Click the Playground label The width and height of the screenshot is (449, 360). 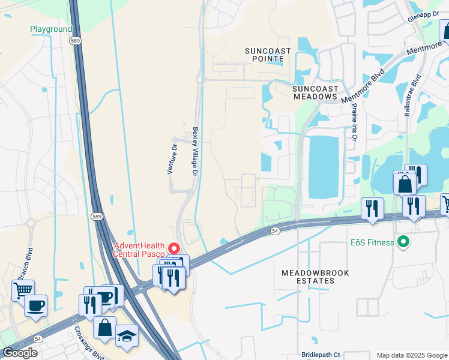coord(51,29)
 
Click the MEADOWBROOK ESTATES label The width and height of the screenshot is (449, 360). coord(308,277)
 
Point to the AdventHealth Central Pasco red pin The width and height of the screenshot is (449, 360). coord(174,248)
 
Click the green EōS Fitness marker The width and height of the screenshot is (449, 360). coord(403,242)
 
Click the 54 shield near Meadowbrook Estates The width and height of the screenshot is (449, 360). coord(275,230)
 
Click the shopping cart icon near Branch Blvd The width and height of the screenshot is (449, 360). coord(23,290)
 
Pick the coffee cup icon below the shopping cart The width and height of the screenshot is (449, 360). coord(35,305)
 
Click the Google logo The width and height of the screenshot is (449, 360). coord(20,353)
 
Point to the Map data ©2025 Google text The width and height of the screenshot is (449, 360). coord(411,356)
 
